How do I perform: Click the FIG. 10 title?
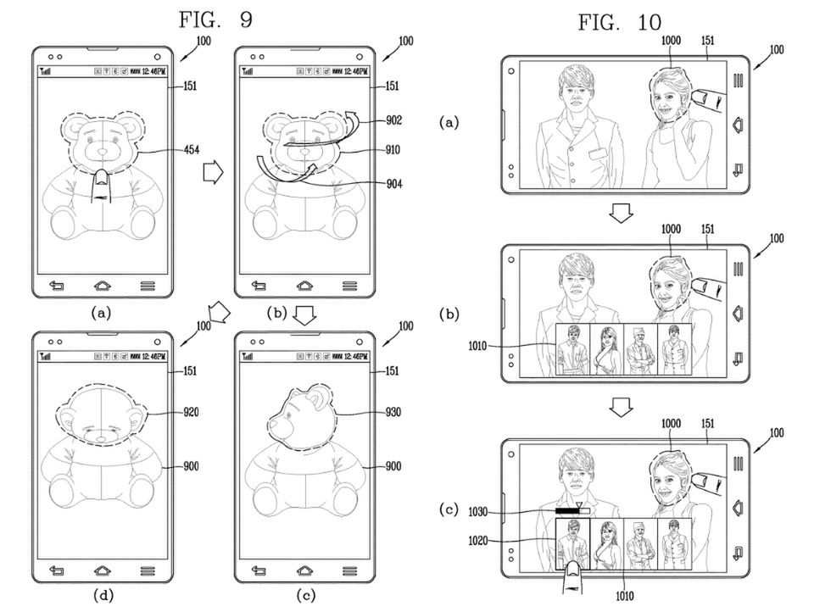[619, 23]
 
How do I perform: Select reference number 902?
[391, 121]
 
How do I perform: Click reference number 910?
[391, 151]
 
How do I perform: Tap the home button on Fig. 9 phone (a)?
[103, 286]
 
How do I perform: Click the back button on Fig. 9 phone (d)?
[57, 570]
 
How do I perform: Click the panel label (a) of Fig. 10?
[450, 123]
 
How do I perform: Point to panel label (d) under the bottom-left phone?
[102, 596]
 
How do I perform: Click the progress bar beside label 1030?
[572, 512]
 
